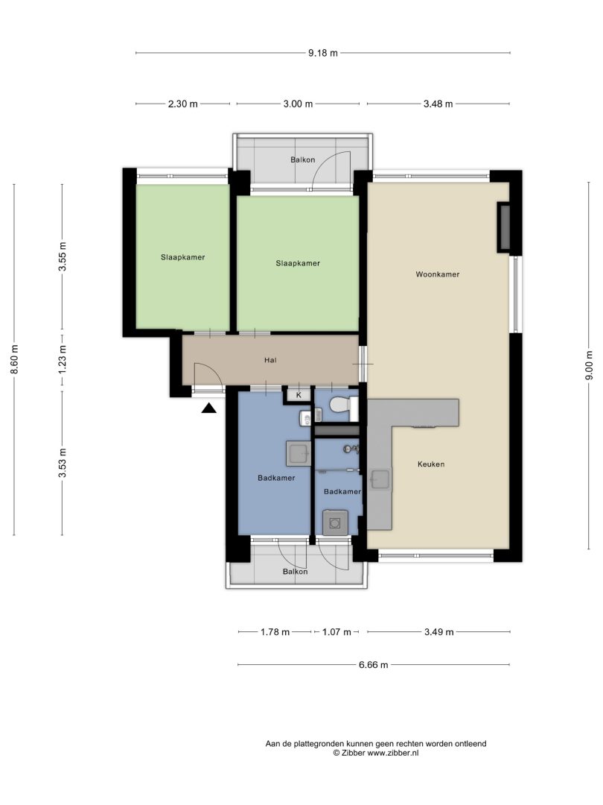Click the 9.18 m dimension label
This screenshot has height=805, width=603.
click(x=323, y=52)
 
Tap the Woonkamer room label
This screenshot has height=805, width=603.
click(x=438, y=274)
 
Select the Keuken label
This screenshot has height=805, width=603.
click(x=431, y=464)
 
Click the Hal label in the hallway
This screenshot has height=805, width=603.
click(x=270, y=360)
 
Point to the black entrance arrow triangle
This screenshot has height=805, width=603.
click(x=208, y=408)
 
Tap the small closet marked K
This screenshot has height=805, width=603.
click(x=299, y=395)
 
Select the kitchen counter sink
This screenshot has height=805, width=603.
click(x=380, y=479)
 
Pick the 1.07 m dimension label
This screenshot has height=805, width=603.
click(x=336, y=632)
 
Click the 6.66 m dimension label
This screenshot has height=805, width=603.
click(x=373, y=665)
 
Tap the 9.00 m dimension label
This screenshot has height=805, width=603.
click(x=589, y=365)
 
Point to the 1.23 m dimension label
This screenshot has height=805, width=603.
click(x=63, y=359)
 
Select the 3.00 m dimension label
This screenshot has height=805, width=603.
click(x=298, y=104)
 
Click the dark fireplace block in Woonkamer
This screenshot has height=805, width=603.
click(x=503, y=227)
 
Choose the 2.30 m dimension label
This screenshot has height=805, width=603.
click(x=182, y=104)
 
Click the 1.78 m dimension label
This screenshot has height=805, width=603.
click(x=275, y=632)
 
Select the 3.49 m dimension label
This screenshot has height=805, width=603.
click(x=439, y=632)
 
